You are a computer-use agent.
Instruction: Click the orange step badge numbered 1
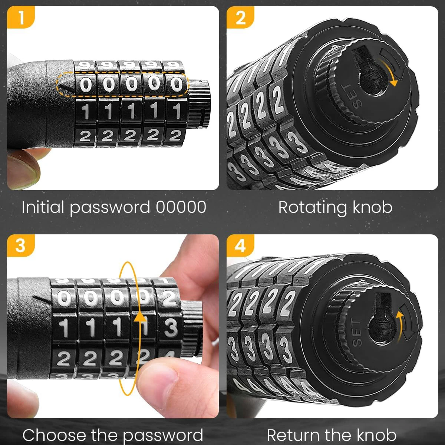[20, 17]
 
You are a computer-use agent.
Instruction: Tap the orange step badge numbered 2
[240, 17]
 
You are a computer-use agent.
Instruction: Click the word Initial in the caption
[43, 207]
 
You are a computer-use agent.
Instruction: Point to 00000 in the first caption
[181, 207]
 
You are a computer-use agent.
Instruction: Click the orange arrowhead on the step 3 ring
[140, 317]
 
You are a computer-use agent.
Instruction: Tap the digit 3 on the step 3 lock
[170, 328]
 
